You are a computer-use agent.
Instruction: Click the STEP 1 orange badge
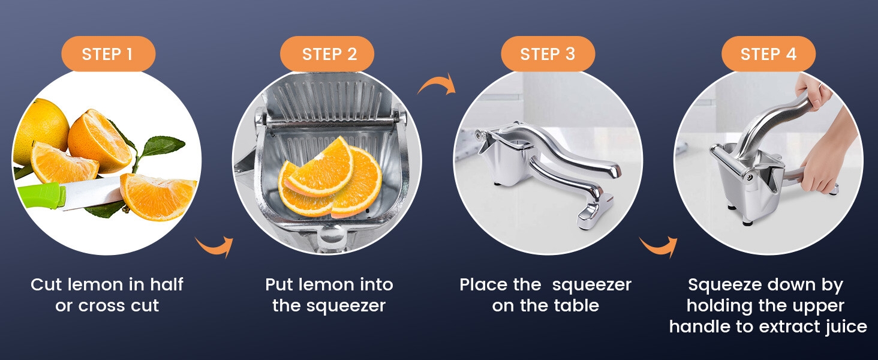point(107,54)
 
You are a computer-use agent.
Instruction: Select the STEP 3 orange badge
point(548,54)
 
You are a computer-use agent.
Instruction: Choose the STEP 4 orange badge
point(768,54)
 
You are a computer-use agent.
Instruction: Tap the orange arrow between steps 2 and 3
point(437,86)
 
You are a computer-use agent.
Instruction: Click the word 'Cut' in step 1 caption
point(46,284)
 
